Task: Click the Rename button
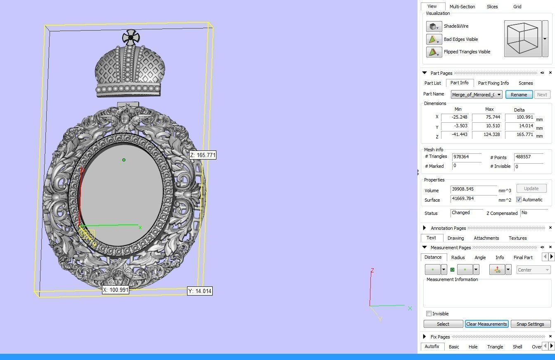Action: (519, 95)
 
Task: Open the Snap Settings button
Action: (530, 324)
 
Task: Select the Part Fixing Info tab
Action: (493, 83)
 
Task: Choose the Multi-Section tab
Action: (462, 7)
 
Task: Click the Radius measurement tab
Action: (458, 257)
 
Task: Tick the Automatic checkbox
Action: (519, 200)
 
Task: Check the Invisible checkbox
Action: (429, 314)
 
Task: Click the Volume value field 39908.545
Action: (473, 190)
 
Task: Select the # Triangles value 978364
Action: (466, 157)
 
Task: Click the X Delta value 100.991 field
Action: (519, 117)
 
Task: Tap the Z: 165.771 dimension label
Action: (203, 155)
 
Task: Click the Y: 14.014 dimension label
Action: (200, 291)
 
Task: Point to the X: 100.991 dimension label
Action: (116, 290)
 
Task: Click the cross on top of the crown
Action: (131, 38)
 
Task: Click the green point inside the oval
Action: (124, 160)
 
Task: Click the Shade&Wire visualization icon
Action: (434, 26)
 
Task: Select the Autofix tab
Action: (432, 346)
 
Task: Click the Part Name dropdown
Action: (477, 95)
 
